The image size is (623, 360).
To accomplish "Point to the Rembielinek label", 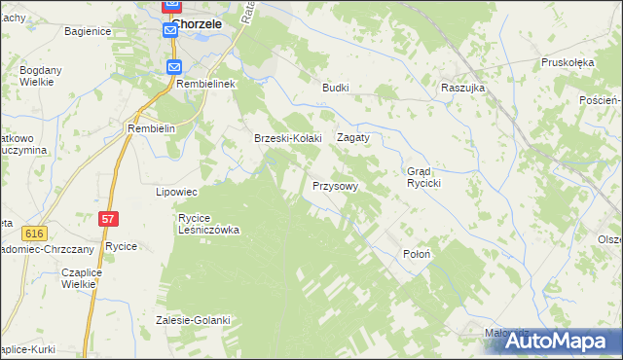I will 207,85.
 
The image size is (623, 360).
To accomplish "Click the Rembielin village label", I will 151,128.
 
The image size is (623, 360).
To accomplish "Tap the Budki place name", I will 336,87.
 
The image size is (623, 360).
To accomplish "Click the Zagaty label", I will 353,138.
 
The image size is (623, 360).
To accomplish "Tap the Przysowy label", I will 336,185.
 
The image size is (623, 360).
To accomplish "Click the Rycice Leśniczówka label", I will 208,224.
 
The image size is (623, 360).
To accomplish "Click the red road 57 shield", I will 108,221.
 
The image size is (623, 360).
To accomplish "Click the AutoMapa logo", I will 558,340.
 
